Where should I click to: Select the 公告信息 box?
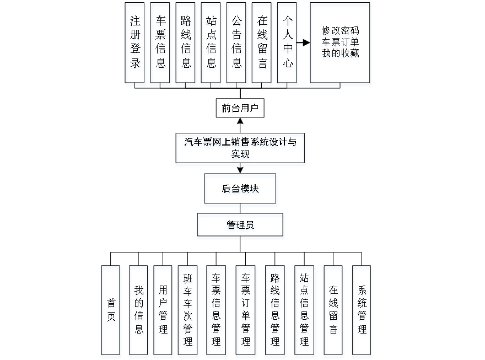click(236, 42)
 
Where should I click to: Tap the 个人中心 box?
click(287, 42)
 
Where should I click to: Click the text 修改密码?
click(340, 30)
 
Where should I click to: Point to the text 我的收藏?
click(340, 53)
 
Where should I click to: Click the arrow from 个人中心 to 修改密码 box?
click(303, 42)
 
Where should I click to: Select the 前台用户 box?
click(240, 109)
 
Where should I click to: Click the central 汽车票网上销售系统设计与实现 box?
click(240, 148)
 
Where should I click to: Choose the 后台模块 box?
click(240, 189)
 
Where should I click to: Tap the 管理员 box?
click(240, 225)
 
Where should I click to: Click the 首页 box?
click(111, 310)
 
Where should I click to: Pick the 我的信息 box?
click(138, 310)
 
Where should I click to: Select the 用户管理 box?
click(163, 310)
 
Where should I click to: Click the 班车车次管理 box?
click(187, 310)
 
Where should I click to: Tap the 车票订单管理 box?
click(245, 310)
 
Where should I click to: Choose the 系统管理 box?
click(362, 310)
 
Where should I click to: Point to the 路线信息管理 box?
click(274, 310)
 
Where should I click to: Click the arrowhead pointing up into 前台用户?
click(240, 121)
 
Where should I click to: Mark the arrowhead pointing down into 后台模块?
click(240, 170)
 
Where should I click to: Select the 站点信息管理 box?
click(304, 310)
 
